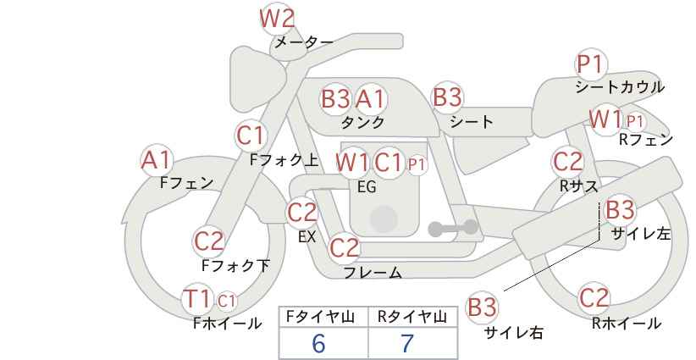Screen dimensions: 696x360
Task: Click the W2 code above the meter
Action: tap(277, 19)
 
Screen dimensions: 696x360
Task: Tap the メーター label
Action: tap(304, 42)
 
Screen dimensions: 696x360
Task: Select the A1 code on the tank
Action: tap(370, 98)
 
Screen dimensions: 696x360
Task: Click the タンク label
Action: tap(362, 122)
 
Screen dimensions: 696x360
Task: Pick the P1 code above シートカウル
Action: tap(591, 64)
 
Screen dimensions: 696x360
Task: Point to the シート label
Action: tap(471, 121)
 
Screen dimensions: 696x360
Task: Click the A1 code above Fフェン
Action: tap(156, 160)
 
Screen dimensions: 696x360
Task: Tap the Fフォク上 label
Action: tap(284, 160)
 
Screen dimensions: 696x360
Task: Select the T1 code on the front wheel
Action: tap(196, 298)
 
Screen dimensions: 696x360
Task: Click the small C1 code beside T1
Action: tap(226, 301)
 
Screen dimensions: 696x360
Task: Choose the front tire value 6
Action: tap(318, 342)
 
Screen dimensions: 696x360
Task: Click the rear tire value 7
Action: tap(407, 343)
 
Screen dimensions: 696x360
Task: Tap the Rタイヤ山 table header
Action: tap(412, 317)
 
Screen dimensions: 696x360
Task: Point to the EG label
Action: tap(367, 187)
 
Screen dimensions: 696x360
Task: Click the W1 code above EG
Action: tap(352, 163)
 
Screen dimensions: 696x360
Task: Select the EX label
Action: tap(307, 236)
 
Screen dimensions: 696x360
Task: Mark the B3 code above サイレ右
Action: tap(482, 307)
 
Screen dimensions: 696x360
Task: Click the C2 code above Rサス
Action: tap(567, 162)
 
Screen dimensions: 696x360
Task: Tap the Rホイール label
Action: tap(627, 324)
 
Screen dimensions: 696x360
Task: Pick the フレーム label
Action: tap(373, 272)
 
